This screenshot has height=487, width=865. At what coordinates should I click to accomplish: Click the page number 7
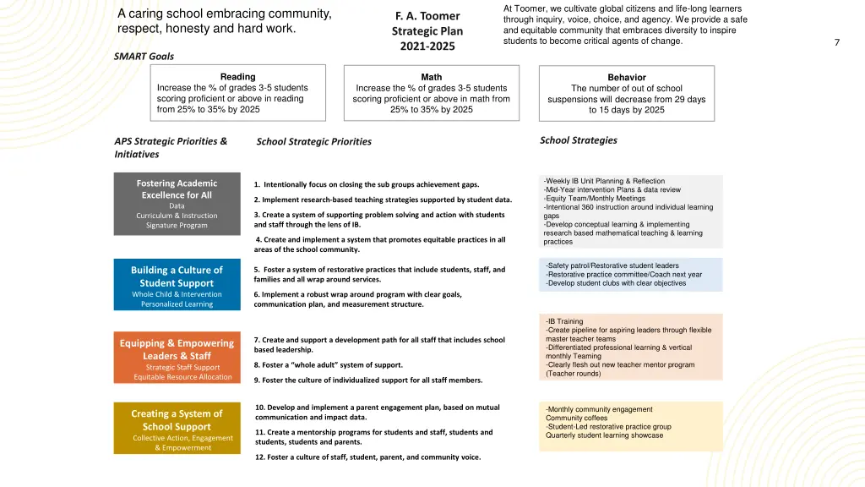[836, 42]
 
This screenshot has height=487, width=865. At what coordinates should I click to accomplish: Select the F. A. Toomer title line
[427, 16]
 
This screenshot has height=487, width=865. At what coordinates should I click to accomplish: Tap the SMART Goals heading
[144, 56]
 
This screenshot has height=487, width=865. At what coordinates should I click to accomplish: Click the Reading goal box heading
[237, 77]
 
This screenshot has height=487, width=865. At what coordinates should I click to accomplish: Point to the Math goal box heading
[431, 77]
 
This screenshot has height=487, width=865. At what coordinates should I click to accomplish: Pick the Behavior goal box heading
[626, 77]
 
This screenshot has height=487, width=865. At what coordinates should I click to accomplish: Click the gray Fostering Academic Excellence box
[177, 203]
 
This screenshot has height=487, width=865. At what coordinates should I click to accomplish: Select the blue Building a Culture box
[177, 286]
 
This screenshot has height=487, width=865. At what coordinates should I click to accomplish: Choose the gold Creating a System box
[177, 429]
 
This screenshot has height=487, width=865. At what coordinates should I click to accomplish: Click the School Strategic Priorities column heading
[313, 141]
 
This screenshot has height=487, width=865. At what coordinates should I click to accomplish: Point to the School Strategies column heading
[578, 140]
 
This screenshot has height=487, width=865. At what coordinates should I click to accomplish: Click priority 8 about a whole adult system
[329, 365]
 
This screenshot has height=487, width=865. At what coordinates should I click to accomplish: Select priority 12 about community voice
[367, 457]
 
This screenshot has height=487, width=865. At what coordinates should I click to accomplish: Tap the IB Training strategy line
[564, 321]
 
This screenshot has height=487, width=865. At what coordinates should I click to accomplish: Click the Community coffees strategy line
[576, 418]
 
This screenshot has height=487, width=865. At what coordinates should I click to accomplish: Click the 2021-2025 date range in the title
[427, 46]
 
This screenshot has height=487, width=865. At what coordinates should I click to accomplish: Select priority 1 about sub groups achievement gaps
[367, 184]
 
